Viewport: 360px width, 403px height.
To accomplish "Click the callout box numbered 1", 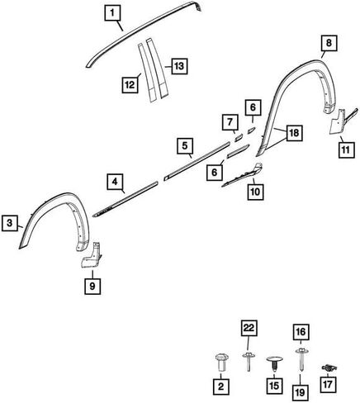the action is tap(112, 13).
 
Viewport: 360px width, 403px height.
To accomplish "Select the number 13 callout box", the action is tap(179, 66).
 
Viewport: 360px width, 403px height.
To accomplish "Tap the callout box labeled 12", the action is tap(130, 85).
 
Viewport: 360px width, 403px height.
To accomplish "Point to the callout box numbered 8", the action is tap(329, 43).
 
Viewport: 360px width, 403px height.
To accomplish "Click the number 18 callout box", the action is tap(295, 133).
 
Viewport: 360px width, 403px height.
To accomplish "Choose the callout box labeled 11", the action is tap(346, 150).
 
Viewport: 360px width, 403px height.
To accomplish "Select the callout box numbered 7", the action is tap(230, 122).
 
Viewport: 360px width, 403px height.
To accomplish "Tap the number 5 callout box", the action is tap(185, 145).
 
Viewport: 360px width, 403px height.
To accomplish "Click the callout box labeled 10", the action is tap(255, 192).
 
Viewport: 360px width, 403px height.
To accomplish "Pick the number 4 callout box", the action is tap(115, 182).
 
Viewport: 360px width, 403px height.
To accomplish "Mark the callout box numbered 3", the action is tap(10, 222).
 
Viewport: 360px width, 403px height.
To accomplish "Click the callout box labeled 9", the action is tap(92, 287).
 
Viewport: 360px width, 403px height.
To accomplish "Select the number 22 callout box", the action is tap(249, 328).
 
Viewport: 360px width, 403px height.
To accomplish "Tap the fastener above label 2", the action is tap(220, 363).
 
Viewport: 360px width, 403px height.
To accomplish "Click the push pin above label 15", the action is tap(274, 363).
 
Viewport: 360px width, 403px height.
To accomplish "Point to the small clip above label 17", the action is tap(329, 367).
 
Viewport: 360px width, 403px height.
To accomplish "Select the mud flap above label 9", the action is tap(92, 254).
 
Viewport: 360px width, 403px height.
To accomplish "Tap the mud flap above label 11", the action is tap(342, 121).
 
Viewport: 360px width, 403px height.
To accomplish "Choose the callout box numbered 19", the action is tap(301, 392).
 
